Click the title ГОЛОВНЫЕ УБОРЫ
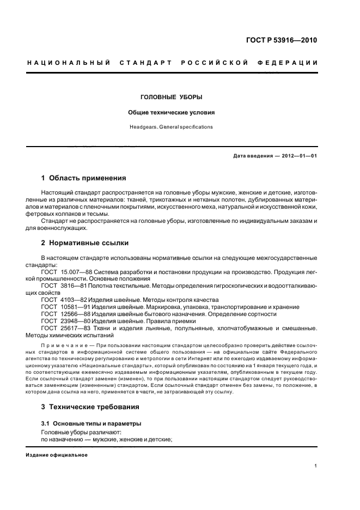(x=172, y=98)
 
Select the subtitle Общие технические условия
(x=172, y=113)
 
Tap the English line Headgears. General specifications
(x=172, y=127)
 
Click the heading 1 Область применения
(x=84, y=178)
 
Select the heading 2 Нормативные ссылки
(x=85, y=243)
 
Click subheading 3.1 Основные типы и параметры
(x=84, y=423)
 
